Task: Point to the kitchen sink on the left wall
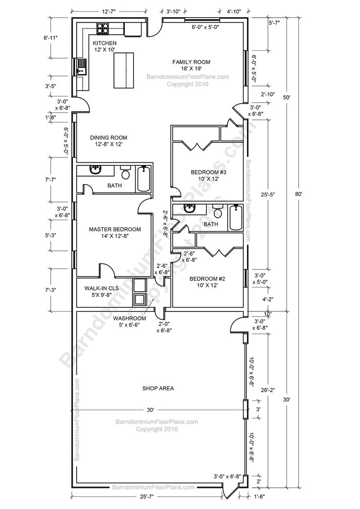[80, 66]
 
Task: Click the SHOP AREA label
[158, 388]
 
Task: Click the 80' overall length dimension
[305, 194]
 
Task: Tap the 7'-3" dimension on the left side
[50, 290]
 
